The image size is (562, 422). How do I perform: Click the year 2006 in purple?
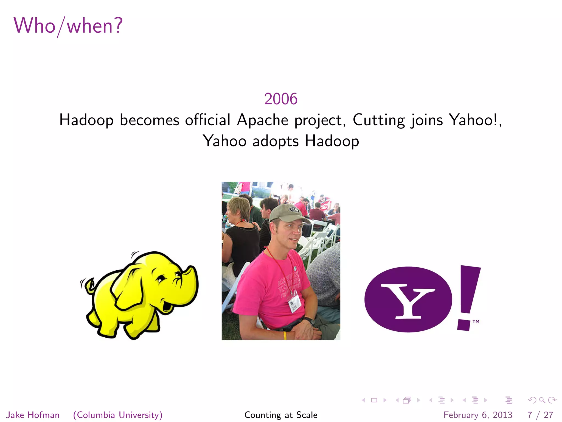pyautogui.click(x=281, y=99)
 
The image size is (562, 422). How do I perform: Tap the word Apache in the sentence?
pyautogui.click(x=263, y=120)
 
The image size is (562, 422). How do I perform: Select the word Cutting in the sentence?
pyautogui.click(x=379, y=120)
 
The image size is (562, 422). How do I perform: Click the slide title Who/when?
pyautogui.click(x=68, y=26)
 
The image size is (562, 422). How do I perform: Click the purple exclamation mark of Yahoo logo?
pyautogui.click(x=468, y=297)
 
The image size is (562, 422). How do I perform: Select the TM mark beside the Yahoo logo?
pyautogui.click(x=476, y=321)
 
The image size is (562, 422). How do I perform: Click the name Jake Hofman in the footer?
pyautogui.click(x=33, y=415)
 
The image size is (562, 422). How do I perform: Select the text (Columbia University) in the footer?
pyautogui.click(x=118, y=415)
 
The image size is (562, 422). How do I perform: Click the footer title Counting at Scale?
pyautogui.click(x=281, y=415)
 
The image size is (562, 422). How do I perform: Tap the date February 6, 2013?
pyautogui.click(x=478, y=415)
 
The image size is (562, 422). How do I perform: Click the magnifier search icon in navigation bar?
pyautogui.click(x=542, y=400)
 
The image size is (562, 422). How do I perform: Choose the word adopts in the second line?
pyautogui.click(x=275, y=141)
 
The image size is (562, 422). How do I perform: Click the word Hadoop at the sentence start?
pyautogui.click(x=86, y=120)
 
